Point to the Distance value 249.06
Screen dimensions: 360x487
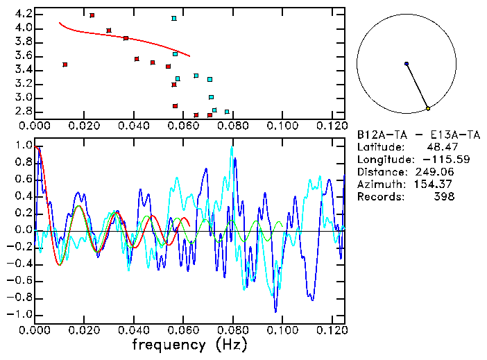click(x=436, y=172)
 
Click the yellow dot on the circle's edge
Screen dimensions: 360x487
click(x=428, y=108)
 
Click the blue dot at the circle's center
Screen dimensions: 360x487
click(x=407, y=64)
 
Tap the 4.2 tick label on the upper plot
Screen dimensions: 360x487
click(x=23, y=14)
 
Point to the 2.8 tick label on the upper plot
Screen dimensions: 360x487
click(x=23, y=111)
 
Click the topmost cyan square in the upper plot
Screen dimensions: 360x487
click(x=174, y=19)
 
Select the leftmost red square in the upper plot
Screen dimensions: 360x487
click(x=65, y=65)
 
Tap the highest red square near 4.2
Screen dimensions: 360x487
click(x=92, y=15)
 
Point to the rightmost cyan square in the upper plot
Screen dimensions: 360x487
click(x=227, y=112)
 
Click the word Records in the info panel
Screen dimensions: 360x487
click(x=379, y=197)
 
